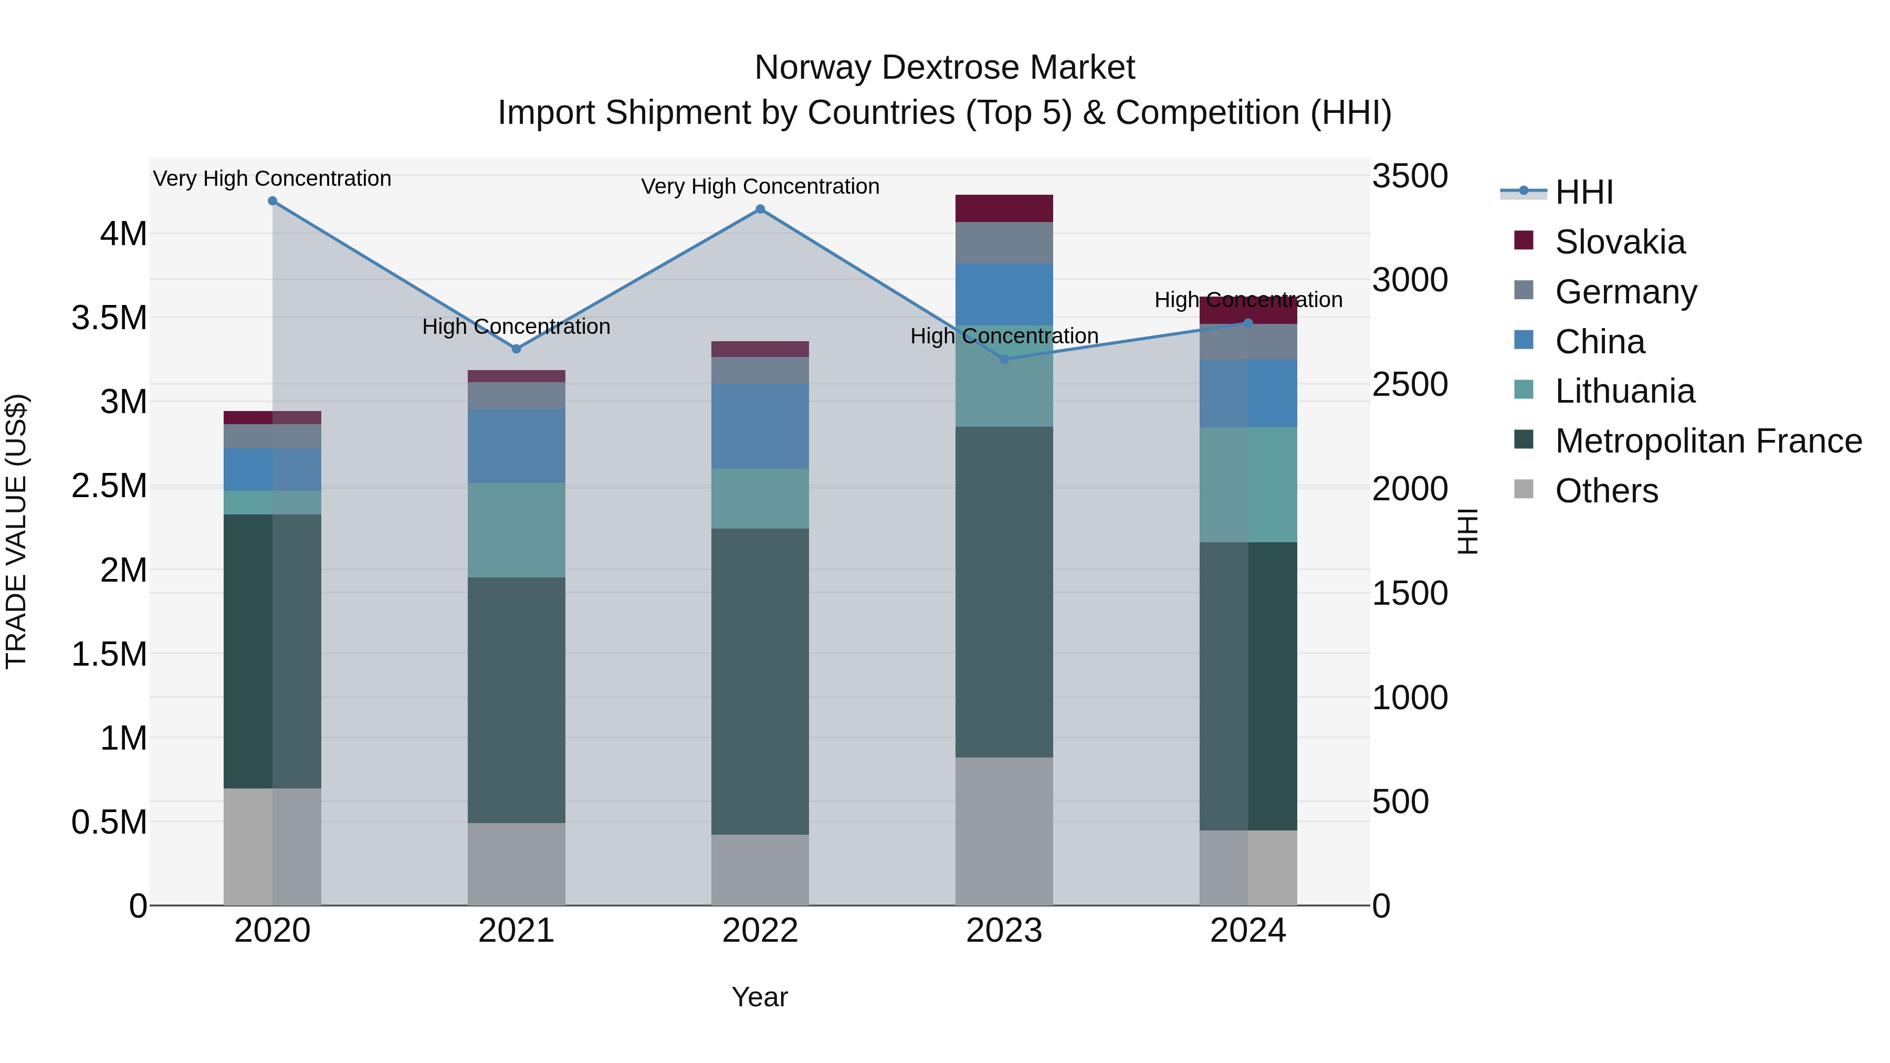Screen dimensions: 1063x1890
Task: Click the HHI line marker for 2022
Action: coord(760,209)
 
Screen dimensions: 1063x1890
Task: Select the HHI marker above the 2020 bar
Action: coord(272,201)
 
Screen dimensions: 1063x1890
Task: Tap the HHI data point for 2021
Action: coord(517,349)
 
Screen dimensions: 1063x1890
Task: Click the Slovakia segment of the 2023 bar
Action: coord(1004,208)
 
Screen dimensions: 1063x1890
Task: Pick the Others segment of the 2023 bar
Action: coord(1004,831)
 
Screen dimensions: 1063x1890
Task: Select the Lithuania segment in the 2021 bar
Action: coord(517,530)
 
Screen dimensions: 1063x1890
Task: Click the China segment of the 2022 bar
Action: coord(760,426)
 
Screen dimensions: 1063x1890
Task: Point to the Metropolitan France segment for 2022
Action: coord(760,681)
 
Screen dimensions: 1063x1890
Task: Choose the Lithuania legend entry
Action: coord(1624,391)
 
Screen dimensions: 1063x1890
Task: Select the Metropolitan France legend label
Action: coord(1708,441)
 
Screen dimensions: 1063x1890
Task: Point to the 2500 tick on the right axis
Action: coord(1410,384)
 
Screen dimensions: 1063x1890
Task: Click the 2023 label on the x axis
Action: coord(1004,931)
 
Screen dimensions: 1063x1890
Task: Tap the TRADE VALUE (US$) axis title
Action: coord(16,531)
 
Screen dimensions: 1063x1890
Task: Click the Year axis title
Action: coord(759,997)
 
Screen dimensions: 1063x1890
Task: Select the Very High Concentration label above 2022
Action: coord(760,186)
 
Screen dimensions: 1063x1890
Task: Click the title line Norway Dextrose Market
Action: coord(944,68)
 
